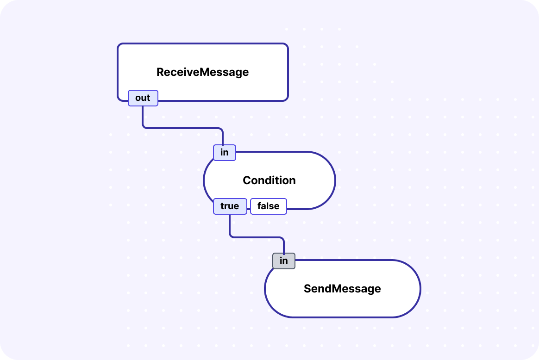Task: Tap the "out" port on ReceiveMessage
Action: [143, 98]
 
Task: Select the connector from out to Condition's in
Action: [183, 128]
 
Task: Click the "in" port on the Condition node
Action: [224, 153]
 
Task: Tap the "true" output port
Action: [230, 206]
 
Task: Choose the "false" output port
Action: [268, 206]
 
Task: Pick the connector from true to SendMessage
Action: [257, 237]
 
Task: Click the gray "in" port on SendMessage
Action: [283, 261]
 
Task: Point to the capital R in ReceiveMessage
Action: [160, 72]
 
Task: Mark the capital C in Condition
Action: [247, 180]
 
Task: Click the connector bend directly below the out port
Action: [143, 127]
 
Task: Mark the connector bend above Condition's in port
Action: [222, 129]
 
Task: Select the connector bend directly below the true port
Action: [230, 236]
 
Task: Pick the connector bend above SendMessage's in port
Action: [283, 238]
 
